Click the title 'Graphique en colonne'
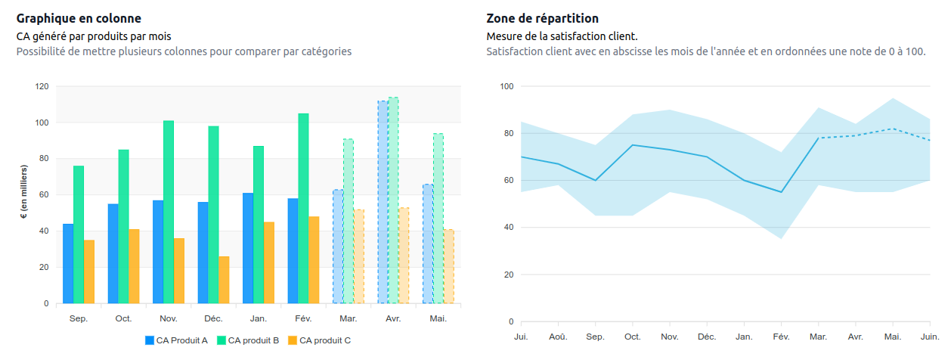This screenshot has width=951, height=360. click(79, 18)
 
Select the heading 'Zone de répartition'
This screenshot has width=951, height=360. click(543, 18)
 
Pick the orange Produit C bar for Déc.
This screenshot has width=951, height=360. click(225, 280)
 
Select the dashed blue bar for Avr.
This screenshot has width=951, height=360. click(383, 202)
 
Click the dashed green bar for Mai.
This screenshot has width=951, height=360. click(438, 219)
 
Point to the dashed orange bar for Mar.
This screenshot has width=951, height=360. click(358, 256)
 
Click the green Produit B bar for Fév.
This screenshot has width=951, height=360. click(303, 208)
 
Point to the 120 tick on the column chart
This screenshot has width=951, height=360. click(42, 86)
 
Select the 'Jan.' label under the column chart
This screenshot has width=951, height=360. click(259, 319)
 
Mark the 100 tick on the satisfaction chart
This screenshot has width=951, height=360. click(506, 86)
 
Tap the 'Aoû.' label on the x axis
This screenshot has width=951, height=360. click(558, 336)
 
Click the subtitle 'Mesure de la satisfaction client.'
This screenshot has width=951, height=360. click(562, 36)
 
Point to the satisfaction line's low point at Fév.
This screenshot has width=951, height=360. click(781, 192)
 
